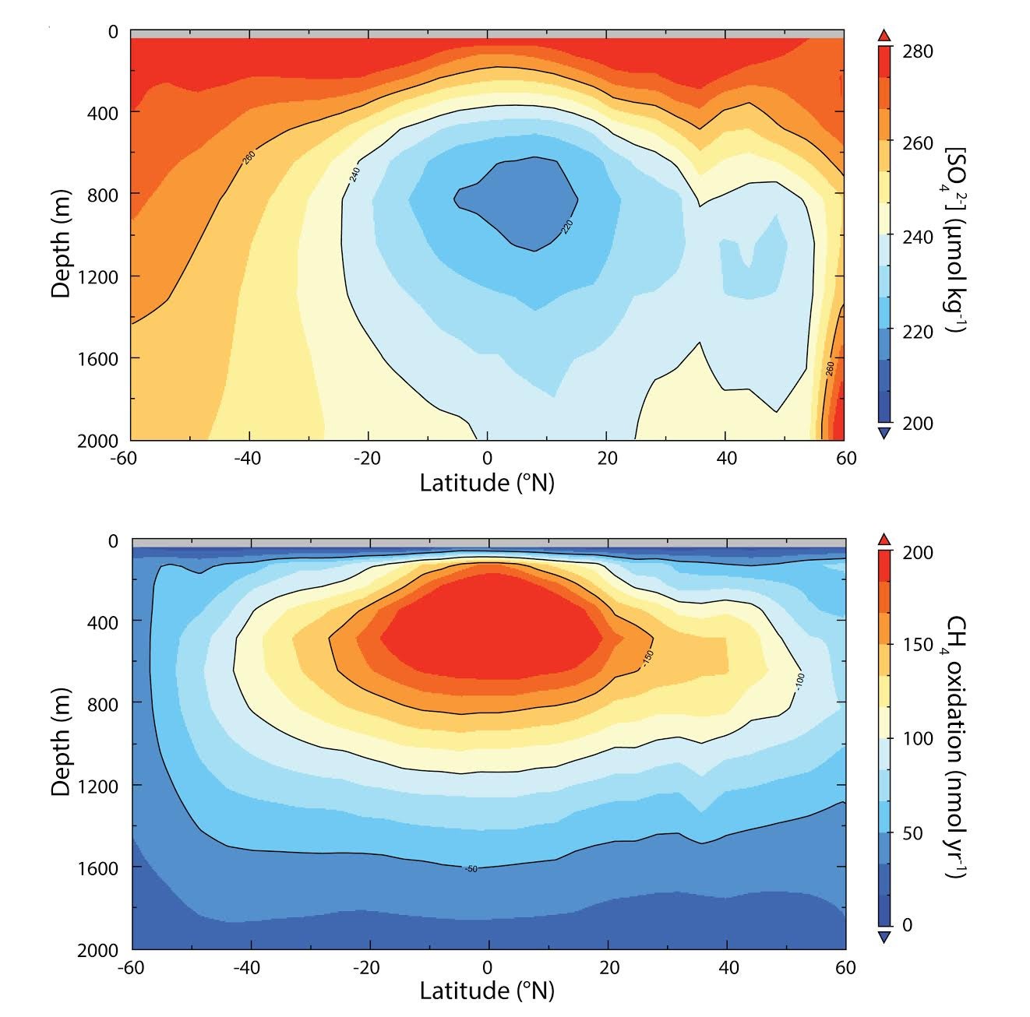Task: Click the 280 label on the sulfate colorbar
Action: [917, 52]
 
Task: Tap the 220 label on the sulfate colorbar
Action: [917, 332]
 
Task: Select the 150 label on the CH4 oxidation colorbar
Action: [917, 645]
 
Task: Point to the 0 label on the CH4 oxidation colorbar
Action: [907, 925]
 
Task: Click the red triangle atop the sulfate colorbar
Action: [884, 36]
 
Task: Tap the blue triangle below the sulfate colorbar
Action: [884, 433]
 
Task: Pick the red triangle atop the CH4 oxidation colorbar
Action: [884, 539]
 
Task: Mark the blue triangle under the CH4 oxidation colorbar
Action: [884, 938]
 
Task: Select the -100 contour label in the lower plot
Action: [799, 681]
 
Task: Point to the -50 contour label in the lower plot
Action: [471, 868]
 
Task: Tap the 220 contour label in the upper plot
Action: [566, 226]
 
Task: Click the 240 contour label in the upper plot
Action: [355, 174]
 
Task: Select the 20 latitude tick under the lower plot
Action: [608, 968]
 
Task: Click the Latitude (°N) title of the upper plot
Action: [487, 483]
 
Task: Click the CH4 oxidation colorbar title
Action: [957, 746]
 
